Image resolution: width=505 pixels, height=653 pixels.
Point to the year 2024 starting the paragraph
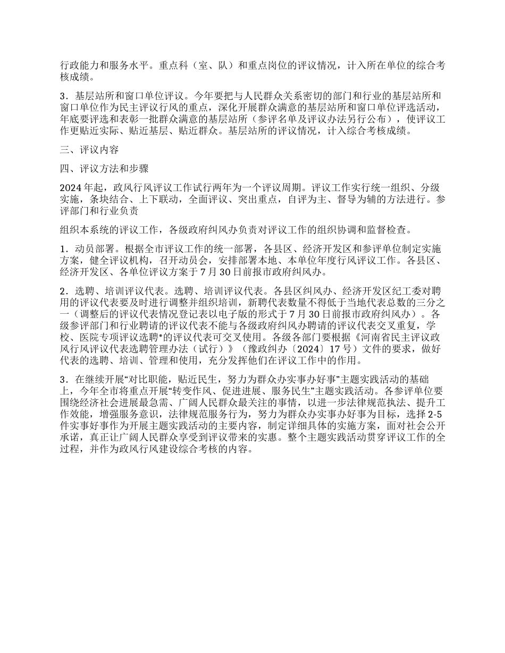point(71,188)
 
